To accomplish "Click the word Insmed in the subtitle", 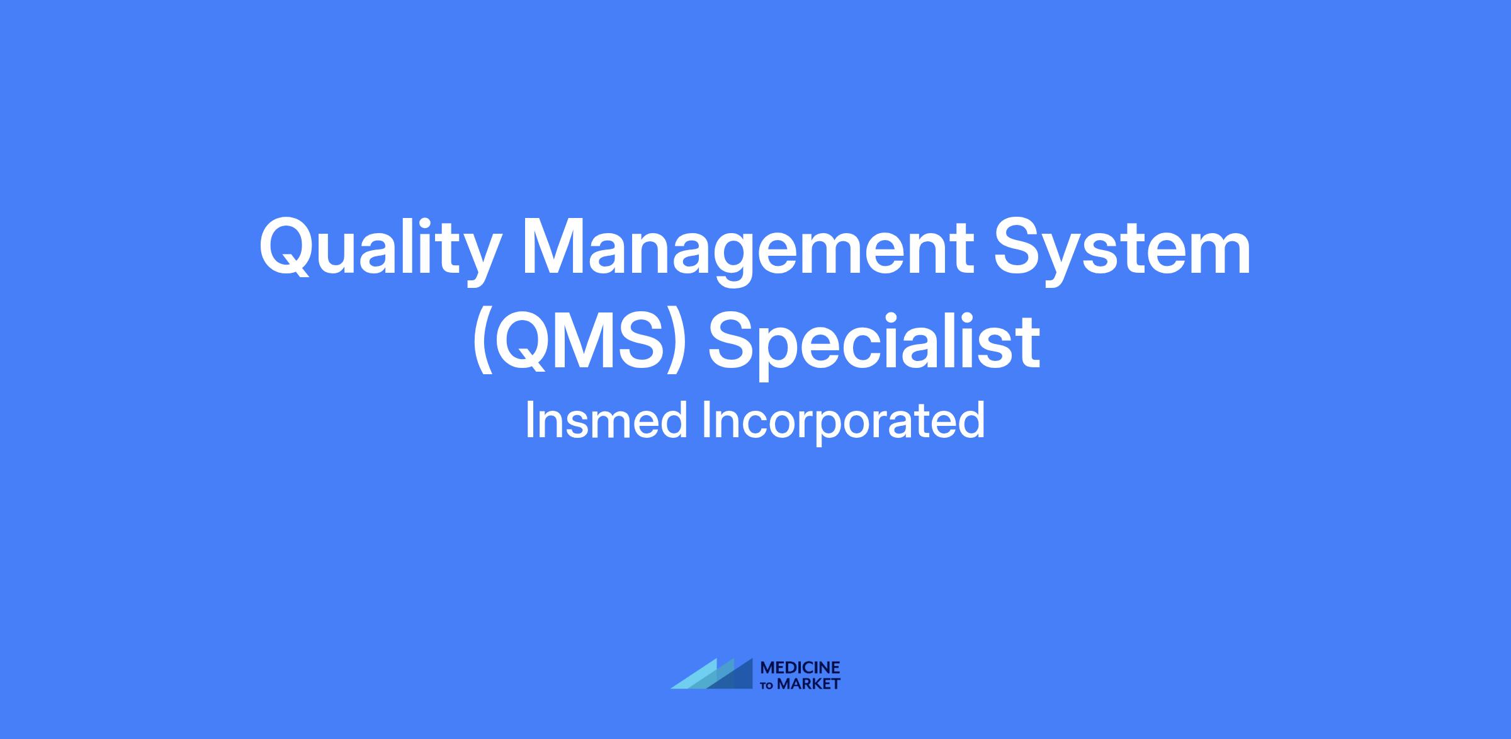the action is pos(606,420).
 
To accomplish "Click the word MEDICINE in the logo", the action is pos(800,667).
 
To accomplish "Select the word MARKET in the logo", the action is pos(809,684).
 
